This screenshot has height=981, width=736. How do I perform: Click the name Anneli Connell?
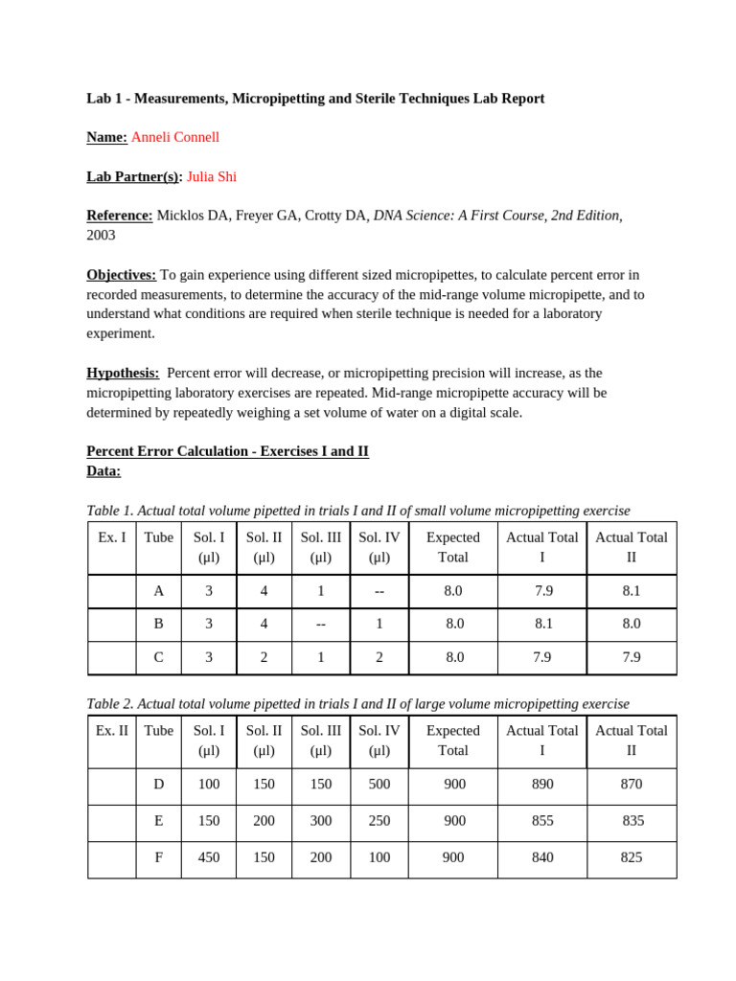coord(174,137)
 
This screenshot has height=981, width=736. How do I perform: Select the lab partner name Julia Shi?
coord(211,176)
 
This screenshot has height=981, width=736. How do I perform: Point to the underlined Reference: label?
coord(120,216)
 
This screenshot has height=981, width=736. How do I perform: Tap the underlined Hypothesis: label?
coord(123,373)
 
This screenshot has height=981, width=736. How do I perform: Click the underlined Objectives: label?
coord(122,274)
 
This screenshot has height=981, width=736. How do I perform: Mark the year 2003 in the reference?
coord(101,235)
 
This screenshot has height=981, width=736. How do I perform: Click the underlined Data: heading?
coord(103,471)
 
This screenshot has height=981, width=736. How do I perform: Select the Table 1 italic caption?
coord(358,511)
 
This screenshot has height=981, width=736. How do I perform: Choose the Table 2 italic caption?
coord(358,704)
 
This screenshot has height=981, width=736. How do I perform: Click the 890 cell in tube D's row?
coord(542,785)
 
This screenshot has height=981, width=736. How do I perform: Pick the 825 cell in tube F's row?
coord(631,858)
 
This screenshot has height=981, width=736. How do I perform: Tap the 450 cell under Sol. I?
coord(209,858)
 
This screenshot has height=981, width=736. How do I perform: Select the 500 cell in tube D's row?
coord(379,785)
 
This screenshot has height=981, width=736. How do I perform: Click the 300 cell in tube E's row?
coord(321,821)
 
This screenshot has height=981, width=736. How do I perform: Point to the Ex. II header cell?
coord(112,731)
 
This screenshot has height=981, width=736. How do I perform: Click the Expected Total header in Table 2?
coord(453,741)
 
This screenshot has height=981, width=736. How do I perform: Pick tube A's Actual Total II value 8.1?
coord(631,591)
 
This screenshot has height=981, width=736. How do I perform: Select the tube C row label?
coord(159,657)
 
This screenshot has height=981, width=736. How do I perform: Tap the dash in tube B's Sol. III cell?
coord(321,624)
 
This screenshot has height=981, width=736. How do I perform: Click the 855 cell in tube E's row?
coord(542,821)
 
